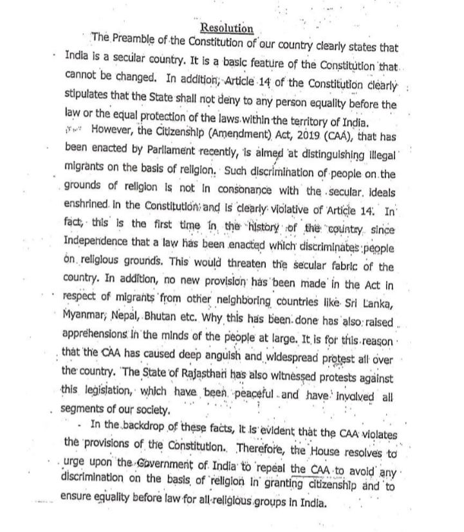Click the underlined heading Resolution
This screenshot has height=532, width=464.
[227, 28]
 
